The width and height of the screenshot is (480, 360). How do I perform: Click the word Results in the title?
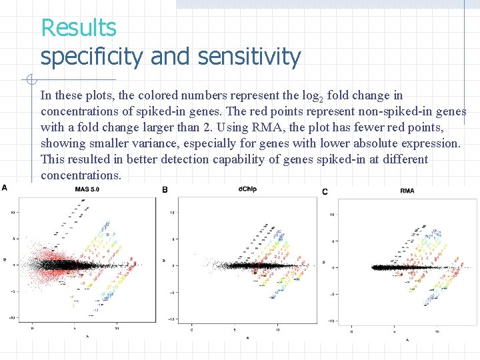pyautogui.click(x=79, y=28)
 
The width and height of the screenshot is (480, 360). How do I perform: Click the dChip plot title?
pyautogui.click(x=247, y=189)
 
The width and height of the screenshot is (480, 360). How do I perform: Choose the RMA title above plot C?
pyautogui.click(x=407, y=191)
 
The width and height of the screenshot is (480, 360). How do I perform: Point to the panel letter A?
pyautogui.click(x=5, y=187)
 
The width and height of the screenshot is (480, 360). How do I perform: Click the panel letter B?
pyautogui.click(x=165, y=190)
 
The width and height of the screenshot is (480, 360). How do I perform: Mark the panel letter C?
pyautogui.click(x=325, y=192)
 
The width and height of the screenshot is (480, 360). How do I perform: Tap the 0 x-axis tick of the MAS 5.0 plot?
pyautogui.click(x=33, y=328)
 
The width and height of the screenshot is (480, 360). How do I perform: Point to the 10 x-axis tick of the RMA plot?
pyautogui.click(x=437, y=331)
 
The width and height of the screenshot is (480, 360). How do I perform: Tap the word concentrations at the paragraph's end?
pyautogui.click(x=81, y=175)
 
